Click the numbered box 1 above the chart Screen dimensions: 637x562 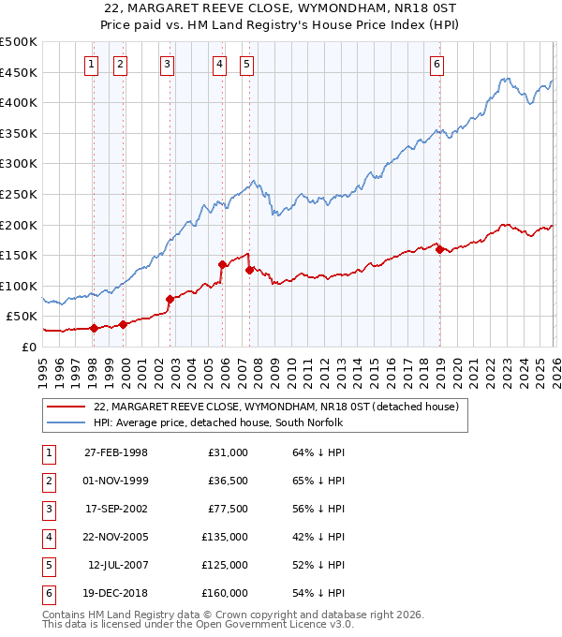91,65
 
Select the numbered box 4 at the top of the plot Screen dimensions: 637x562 219,65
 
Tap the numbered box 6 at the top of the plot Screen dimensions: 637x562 437,65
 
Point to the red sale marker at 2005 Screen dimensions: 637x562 222,264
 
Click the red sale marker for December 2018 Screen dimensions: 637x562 438,249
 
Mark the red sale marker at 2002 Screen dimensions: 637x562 170,300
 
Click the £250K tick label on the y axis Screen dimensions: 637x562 19,194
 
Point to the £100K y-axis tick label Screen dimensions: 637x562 19,286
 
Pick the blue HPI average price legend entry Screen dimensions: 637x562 217,423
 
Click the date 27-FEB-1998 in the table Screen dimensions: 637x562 115,452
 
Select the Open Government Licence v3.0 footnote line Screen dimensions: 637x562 199,624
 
